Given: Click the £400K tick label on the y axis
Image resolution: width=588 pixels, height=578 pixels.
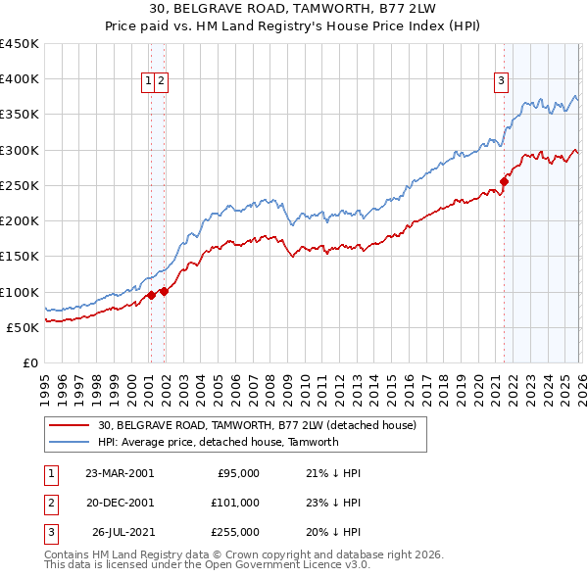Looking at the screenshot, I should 20,79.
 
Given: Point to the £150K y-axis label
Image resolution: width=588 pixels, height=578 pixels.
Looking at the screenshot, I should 20,257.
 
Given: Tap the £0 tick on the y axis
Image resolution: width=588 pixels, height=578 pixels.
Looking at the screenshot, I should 30,362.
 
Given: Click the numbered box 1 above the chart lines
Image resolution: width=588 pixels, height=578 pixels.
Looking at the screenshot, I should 149,82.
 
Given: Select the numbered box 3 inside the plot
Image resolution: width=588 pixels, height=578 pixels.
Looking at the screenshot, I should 501,82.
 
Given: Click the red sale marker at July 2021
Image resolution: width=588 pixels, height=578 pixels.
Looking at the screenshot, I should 505,181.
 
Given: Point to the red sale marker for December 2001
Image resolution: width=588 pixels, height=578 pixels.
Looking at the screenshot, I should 165,291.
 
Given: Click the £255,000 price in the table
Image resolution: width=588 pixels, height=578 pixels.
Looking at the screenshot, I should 236,533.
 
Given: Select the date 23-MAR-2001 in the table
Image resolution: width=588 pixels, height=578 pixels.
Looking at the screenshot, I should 120,472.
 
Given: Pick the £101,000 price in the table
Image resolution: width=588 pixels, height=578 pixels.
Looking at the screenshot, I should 236,503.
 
